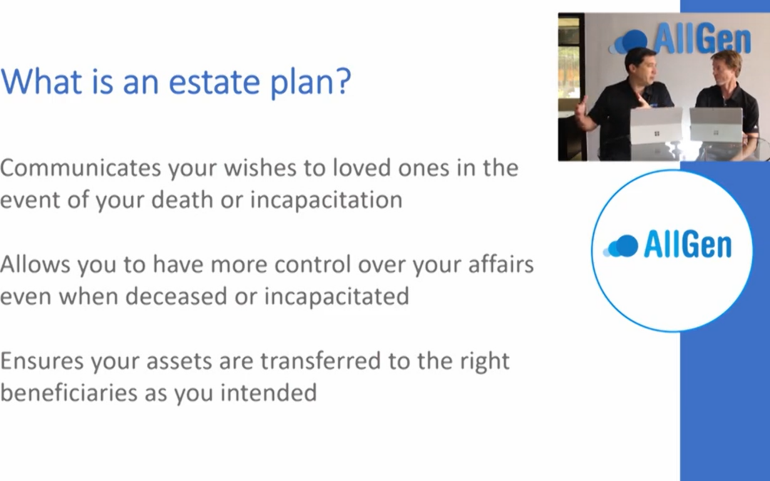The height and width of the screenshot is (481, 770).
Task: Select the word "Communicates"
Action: click(81, 168)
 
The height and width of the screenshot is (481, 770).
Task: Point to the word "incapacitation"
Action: click(326, 200)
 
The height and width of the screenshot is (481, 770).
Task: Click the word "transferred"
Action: click(321, 361)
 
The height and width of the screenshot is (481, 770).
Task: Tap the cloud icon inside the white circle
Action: click(621, 246)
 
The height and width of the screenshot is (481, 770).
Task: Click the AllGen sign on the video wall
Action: click(680, 38)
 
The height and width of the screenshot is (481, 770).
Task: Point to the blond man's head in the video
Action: click(724, 68)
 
